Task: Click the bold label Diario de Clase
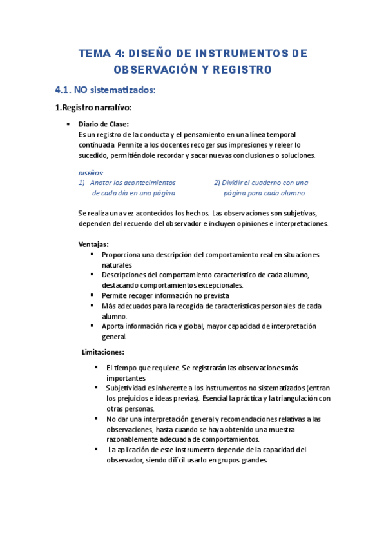click(x=103, y=124)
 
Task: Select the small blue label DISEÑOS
click(x=90, y=173)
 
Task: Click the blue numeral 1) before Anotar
click(x=82, y=183)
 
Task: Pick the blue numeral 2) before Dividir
click(x=218, y=183)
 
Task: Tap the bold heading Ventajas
click(x=93, y=244)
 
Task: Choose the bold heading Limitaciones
click(x=103, y=352)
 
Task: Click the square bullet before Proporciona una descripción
click(x=93, y=254)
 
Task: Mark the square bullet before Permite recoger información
click(x=93, y=295)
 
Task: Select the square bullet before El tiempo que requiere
click(x=96, y=367)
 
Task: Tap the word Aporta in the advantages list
click(x=113, y=326)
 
